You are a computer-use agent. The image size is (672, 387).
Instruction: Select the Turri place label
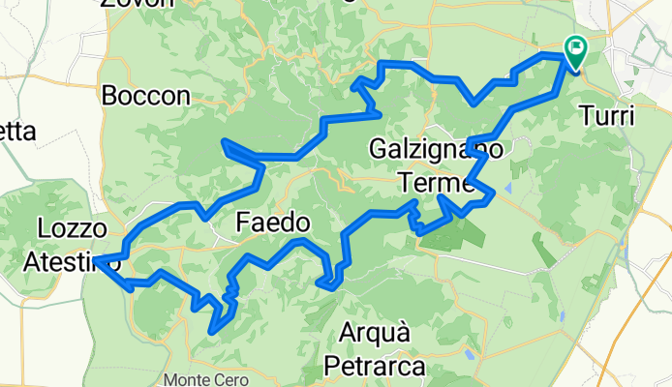pyautogui.click(x=607, y=116)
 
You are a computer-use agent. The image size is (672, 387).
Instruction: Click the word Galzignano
pyautogui.click(x=436, y=150)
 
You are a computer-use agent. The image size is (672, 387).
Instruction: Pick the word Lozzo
pyautogui.click(x=70, y=228)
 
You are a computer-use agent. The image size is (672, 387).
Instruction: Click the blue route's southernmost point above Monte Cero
pyautogui.click(x=211, y=332)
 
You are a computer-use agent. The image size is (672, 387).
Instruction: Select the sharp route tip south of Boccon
pyautogui.click(x=225, y=142)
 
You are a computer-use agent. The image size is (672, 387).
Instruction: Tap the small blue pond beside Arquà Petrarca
pyautogui.click(x=469, y=354)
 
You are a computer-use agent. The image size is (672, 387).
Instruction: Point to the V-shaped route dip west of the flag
pyautogui.click(x=473, y=103)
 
